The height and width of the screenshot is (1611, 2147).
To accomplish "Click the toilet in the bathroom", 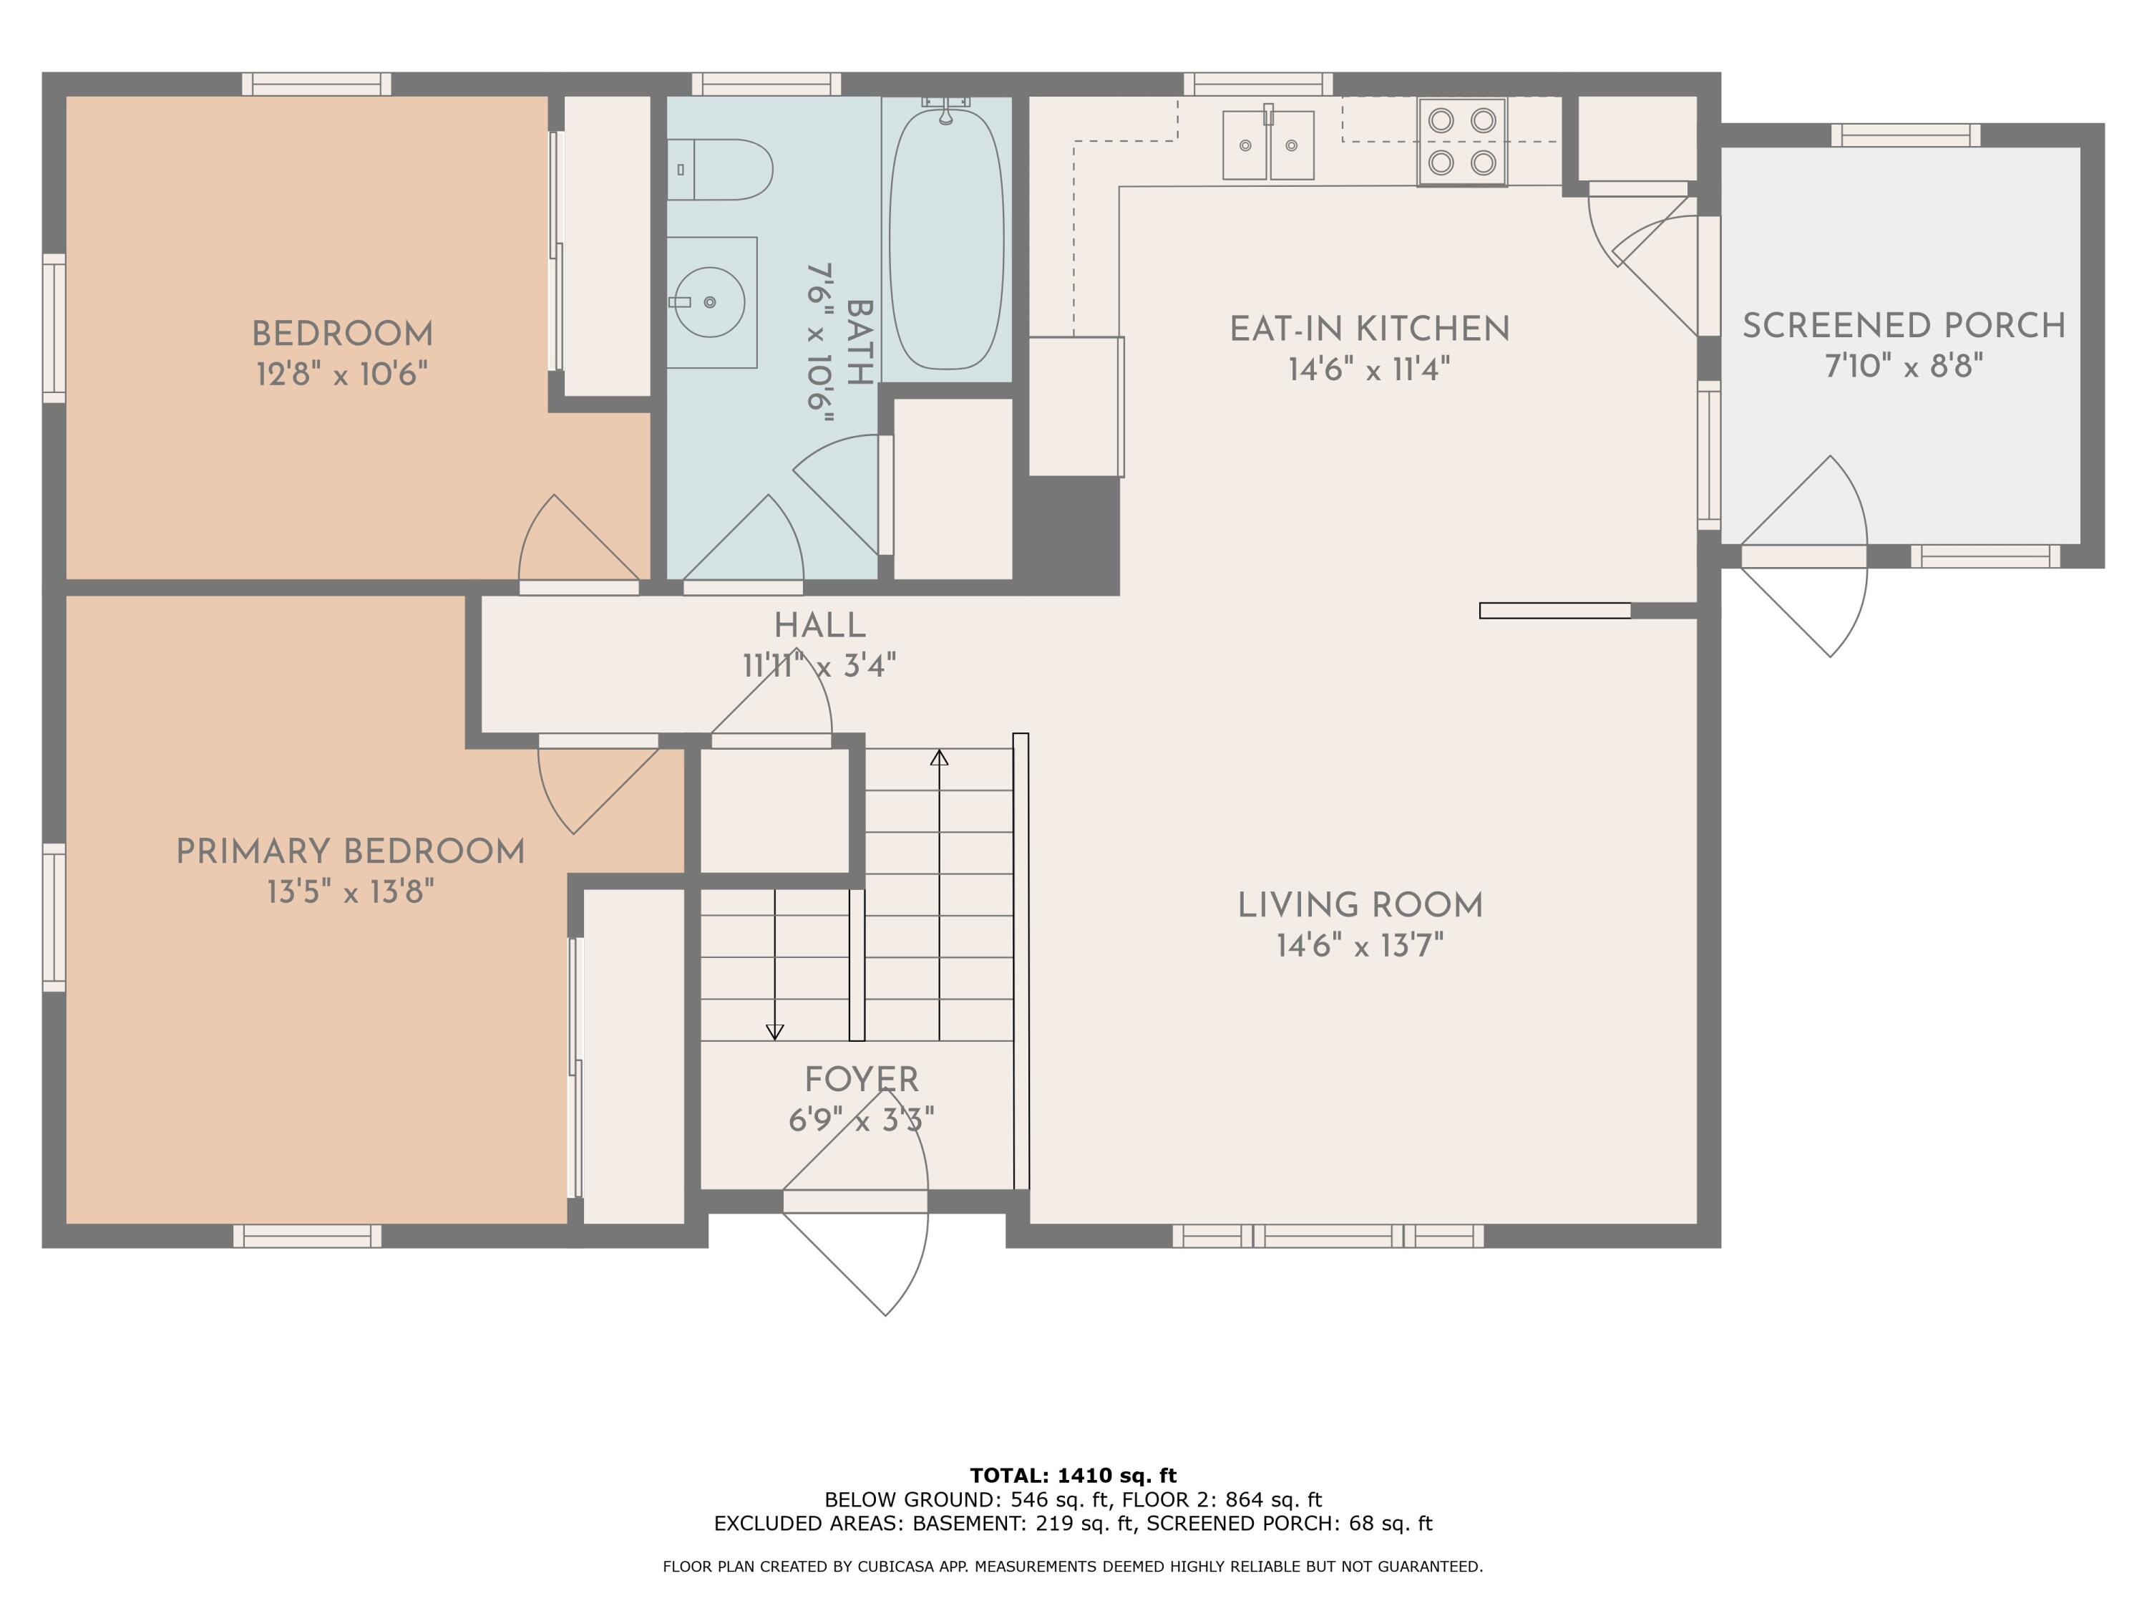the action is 719,169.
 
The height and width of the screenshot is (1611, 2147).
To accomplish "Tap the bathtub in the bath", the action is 946,239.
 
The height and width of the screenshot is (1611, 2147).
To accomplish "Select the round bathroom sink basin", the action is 709,302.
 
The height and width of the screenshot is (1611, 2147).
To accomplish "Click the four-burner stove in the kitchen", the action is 1461,142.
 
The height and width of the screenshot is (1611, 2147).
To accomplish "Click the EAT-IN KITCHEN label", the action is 1370,329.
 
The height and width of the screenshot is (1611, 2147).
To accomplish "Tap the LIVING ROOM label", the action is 1360,905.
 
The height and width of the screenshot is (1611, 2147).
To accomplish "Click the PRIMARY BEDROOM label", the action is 351,851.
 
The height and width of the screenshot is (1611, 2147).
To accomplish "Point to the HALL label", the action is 820,625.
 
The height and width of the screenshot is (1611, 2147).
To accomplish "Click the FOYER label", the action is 862,1080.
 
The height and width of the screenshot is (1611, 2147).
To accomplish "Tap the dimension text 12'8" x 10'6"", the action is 341,374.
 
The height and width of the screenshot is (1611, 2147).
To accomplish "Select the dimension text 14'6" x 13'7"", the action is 1360,946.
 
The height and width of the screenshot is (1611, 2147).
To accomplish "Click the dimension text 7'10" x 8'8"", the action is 1904,366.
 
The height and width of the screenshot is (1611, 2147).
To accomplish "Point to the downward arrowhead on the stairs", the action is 774,1031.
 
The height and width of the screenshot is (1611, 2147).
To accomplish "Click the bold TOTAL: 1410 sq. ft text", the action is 1073,1476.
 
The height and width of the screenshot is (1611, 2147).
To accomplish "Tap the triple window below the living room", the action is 1328,1235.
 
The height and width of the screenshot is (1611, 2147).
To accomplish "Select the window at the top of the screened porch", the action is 1905,135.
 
